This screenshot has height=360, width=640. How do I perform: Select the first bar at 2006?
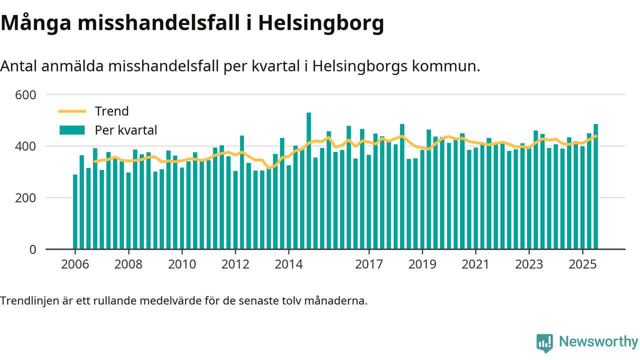click(x=75, y=212)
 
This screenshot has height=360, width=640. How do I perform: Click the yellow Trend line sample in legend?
click(x=72, y=111)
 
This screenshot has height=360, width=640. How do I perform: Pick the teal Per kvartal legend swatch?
click(x=72, y=130)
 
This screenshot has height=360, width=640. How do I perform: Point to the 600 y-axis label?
click(x=26, y=94)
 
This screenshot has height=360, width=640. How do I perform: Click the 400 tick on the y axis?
click(x=26, y=146)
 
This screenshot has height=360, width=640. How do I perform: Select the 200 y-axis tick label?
click(x=26, y=198)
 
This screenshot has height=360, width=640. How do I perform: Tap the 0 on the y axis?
click(x=33, y=249)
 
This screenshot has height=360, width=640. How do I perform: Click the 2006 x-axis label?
click(x=75, y=263)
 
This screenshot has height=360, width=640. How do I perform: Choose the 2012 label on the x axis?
click(x=235, y=263)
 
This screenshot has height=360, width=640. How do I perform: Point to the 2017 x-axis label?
click(x=369, y=263)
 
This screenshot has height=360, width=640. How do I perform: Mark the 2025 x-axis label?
click(x=582, y=263)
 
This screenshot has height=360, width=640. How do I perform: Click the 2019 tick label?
click(x=422, y=263)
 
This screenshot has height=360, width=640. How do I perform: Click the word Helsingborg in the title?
click(x=321, y=23)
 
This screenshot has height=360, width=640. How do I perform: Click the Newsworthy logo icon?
click(x=544, y=342)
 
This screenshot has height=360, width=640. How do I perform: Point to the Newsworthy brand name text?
click(x=598, y=342)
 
